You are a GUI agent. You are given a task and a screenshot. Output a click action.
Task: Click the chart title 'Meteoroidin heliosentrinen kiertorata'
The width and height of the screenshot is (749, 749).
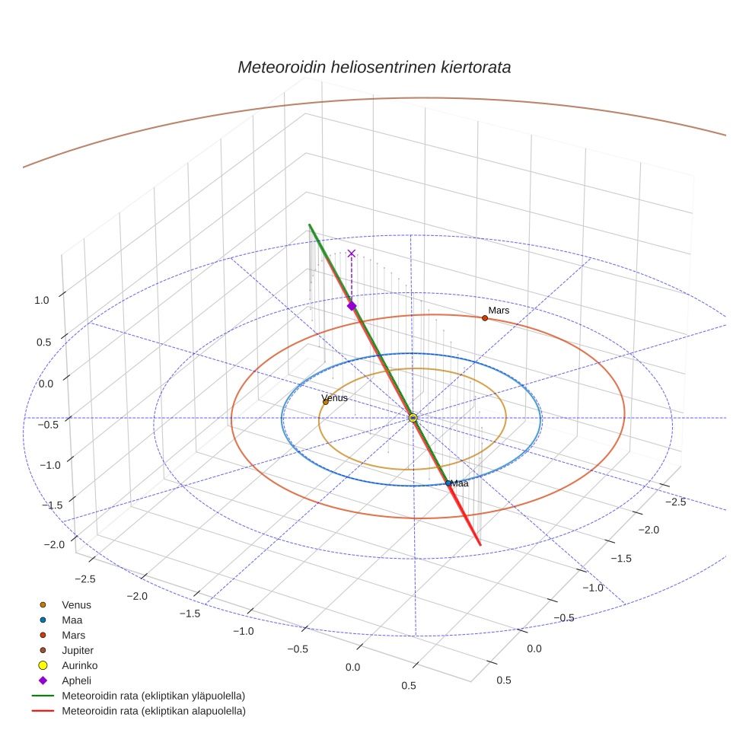point(374,67)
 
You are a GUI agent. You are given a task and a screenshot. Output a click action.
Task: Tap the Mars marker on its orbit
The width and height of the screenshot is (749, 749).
point(485,317)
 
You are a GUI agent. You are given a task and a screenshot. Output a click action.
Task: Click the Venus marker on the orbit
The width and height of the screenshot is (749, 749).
point(326,402)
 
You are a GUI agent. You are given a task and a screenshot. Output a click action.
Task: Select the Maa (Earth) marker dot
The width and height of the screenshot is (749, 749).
point(448,483)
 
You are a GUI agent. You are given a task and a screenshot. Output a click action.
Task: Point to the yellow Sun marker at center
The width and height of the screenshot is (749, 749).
point(413,418)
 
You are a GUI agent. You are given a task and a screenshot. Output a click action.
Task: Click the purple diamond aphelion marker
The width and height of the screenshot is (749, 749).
point(352,305)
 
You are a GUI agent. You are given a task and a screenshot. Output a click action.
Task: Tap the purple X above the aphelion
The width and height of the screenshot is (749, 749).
point(352,253)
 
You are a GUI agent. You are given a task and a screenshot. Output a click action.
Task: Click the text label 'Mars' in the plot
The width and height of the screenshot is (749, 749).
point(499,311)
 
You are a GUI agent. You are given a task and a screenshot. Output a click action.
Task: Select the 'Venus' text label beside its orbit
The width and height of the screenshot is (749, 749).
point(335,397)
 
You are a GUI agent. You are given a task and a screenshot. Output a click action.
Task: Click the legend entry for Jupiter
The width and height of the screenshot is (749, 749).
point(77,650)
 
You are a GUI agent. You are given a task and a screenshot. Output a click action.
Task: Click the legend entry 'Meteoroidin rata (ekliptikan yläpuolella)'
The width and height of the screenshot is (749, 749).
point(153,696)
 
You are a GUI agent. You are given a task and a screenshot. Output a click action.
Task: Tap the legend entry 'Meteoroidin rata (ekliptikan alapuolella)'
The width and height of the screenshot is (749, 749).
point(153,711)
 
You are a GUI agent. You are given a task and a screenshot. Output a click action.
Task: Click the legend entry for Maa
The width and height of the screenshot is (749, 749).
point(72,620)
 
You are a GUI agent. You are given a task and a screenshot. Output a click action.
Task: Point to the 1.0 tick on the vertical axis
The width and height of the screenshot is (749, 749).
point(42,300)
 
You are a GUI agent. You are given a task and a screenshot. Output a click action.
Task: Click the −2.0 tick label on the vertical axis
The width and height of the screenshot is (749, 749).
point(54,544)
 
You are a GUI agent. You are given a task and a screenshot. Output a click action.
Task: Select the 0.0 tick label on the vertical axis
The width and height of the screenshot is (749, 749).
point(46,384)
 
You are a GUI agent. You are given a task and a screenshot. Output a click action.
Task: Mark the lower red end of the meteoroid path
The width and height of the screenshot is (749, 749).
point(480,544)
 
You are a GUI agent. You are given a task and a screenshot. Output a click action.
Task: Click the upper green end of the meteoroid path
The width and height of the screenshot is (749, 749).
point(310,225)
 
